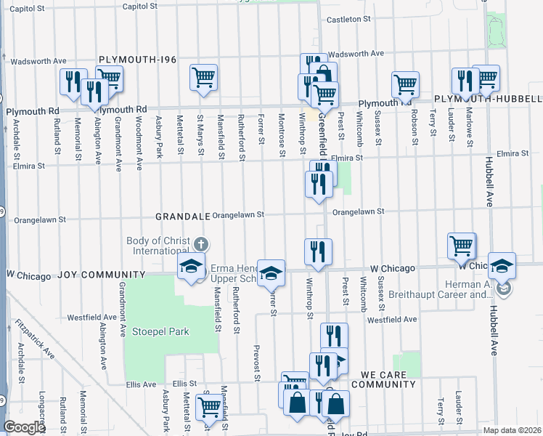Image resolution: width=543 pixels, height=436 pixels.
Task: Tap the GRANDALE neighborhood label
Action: click(181, 217)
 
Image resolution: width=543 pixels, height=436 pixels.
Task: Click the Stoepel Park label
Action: click(160, 331)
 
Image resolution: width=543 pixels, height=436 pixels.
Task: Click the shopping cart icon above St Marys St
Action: click(204, 77)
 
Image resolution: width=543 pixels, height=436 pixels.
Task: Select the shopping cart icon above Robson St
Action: click(404, 84)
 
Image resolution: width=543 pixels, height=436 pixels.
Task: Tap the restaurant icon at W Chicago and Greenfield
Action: click(318, 251)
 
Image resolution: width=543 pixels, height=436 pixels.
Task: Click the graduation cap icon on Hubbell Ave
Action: click(501, 265)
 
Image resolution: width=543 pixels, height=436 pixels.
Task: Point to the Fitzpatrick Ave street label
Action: click(38, 339)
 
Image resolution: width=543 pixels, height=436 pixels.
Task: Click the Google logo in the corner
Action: click(24, 427)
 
